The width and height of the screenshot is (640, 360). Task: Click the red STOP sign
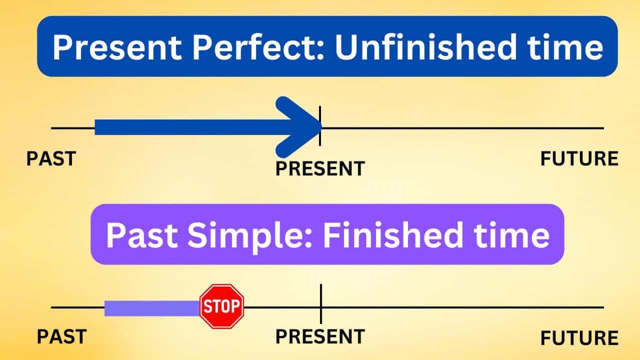221,306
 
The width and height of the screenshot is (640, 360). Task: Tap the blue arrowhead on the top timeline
300,127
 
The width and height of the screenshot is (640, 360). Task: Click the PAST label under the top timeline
51,158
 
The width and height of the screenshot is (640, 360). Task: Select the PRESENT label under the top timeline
320,168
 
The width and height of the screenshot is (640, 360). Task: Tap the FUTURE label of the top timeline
579,159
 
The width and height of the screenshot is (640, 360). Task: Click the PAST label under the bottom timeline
61,336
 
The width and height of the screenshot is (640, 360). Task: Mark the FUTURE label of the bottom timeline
579,338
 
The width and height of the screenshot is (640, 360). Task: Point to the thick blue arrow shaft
190,127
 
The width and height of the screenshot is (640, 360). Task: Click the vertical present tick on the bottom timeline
320,295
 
